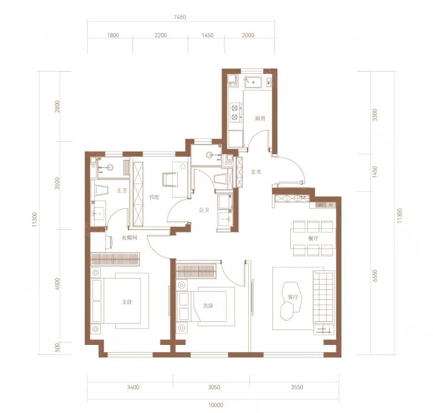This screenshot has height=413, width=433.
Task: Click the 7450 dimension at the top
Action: pos(179,17)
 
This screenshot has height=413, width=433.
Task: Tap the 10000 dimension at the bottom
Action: pos(216,405)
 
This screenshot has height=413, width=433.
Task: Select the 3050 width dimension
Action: pos(214,388)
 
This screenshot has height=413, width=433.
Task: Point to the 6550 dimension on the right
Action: pos(374,276)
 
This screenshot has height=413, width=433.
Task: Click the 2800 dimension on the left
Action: pos(57,107)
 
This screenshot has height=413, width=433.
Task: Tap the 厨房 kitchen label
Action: pos(260,118)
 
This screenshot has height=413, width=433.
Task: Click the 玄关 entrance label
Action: pos(256,172)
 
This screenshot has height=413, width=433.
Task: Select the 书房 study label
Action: pos(154,197)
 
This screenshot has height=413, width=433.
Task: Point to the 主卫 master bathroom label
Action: pos(122,191)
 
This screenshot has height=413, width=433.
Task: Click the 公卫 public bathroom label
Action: pos(204,210)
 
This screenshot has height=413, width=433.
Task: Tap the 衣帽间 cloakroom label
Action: pos(130,237)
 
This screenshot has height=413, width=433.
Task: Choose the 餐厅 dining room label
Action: pos(313,238)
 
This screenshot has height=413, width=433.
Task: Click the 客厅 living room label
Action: pos(293,297)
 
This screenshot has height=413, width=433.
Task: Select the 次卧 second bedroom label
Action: pos(209,306)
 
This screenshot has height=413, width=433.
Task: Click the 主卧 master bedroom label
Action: pos(127,302)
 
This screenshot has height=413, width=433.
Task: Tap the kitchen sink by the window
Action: pos(253,82)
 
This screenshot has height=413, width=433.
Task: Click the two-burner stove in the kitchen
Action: pos(235,112)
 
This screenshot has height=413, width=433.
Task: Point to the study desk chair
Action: pos(170,179)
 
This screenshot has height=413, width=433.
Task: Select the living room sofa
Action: pos(323,297)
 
